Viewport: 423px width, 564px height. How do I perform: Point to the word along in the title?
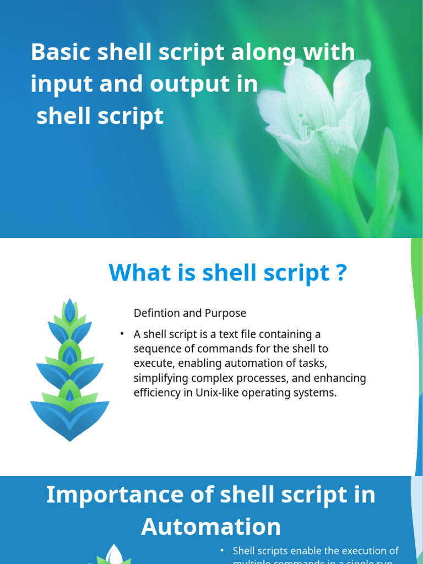coord(262,52)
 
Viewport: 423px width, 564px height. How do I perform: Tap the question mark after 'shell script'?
coord(341,273)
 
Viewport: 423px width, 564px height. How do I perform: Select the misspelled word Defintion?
coord(156,313)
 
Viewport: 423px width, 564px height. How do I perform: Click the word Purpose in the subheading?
coord(225,313)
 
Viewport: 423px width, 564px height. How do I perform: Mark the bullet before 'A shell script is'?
coord(121,334)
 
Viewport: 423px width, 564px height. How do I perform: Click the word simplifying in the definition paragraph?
coord(160,378)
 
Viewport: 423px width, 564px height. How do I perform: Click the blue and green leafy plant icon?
coord(69,369)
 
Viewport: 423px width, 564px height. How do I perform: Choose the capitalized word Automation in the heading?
coord(211,527)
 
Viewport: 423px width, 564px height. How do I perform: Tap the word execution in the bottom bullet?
coord(349,551)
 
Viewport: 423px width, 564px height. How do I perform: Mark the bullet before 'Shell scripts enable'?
coord(222,551)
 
